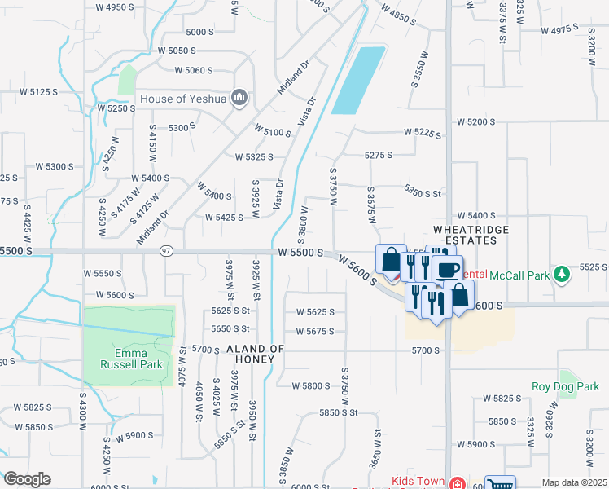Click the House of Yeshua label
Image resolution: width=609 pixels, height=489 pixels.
(x=185, y=99)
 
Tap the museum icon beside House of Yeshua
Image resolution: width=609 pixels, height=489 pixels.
(x=239, y=99)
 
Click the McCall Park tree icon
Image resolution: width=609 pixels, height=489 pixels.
(x=560, y=275)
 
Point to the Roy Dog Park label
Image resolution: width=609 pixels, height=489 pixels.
(x=565, y=386)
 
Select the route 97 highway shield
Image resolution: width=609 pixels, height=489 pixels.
(x=166, y=250)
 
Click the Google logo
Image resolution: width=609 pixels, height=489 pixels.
(x=26, y=479)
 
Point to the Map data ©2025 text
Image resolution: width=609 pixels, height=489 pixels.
(x=574, y=482)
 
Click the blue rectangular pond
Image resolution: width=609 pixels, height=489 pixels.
(x=358, y=80)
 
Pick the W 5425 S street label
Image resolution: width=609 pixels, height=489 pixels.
(x=224, y=218)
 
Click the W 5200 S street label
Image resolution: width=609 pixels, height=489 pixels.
(x=476, y=121)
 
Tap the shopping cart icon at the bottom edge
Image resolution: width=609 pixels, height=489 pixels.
(x=500, y=483)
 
